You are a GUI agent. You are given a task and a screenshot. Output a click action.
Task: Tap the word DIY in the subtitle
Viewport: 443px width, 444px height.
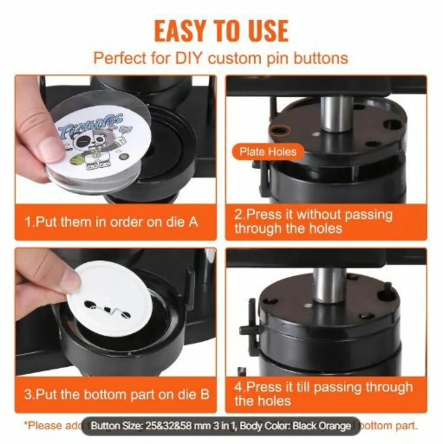coord(186,58)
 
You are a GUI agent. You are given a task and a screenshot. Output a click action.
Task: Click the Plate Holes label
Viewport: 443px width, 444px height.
coord(267,152)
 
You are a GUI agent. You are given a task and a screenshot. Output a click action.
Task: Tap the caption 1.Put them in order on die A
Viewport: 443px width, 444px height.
coord(111,222)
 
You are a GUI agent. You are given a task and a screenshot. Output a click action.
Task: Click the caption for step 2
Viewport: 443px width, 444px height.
coord(313,221)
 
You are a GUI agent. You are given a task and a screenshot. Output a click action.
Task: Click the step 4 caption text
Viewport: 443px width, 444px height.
coord(323,394)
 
